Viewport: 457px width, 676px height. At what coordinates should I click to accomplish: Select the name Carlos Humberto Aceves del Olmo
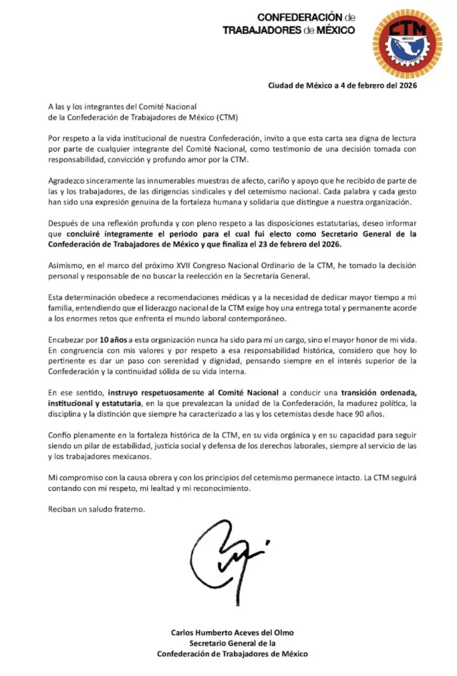coord(232,631)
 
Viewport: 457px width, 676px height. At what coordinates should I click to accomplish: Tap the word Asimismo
coord(67,265)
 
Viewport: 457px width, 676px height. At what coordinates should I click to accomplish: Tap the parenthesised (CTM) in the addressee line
coord(225,117)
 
